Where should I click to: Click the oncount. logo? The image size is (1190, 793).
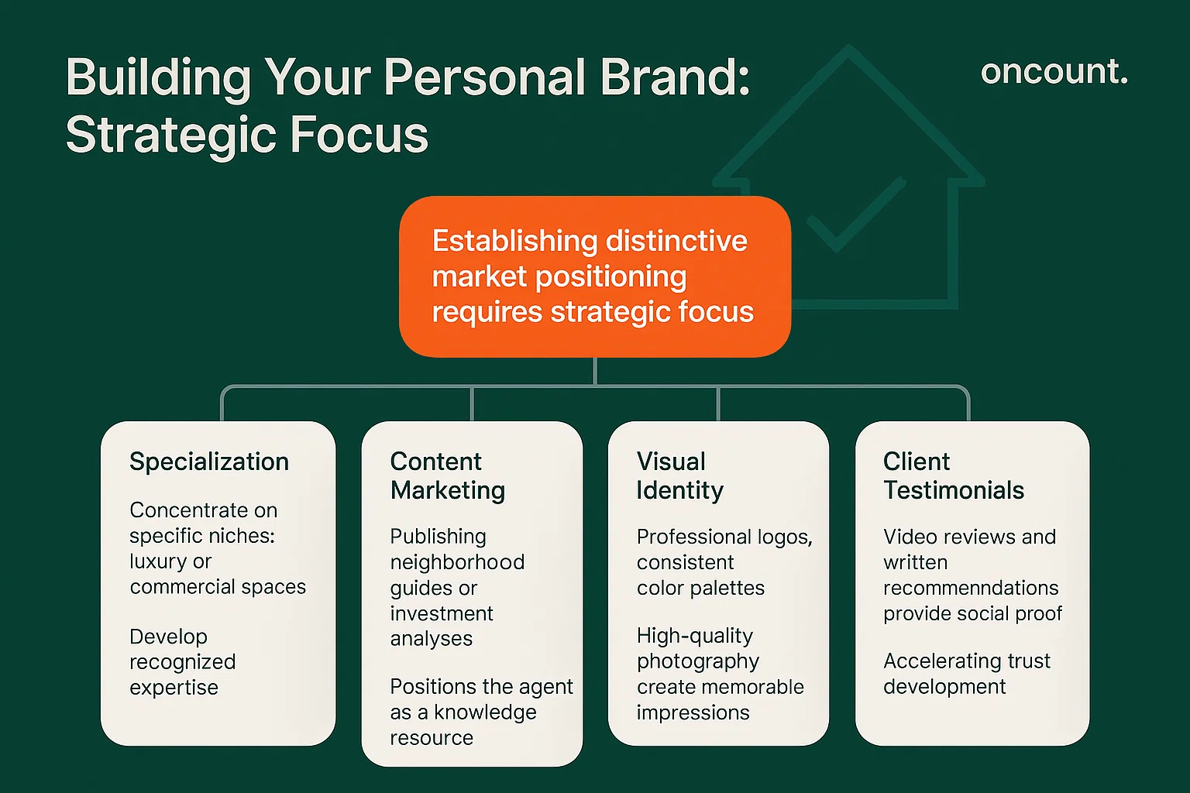1054,72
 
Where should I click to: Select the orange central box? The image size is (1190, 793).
594,276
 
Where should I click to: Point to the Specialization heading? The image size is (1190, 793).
209,462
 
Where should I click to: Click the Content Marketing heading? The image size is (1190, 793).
447,475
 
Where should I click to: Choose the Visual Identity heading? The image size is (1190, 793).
679,475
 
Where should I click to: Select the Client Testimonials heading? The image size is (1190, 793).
953,475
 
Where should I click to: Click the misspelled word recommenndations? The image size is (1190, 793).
970,589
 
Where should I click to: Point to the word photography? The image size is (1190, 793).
697,662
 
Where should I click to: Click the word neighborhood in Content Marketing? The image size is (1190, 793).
457,562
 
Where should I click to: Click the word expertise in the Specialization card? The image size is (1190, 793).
174,688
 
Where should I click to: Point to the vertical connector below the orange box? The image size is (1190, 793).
594,371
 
